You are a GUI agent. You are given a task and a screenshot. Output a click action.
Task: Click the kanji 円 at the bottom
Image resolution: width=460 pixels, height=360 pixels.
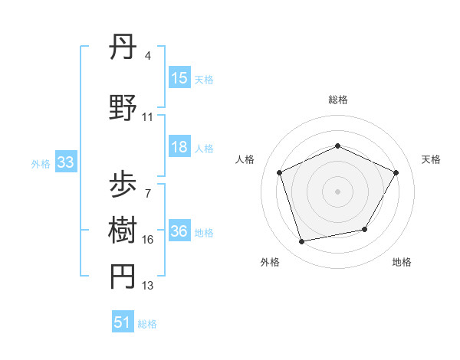click(x=123, y=277)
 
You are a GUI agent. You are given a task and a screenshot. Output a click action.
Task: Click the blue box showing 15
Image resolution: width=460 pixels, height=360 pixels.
click(x=179, y=78)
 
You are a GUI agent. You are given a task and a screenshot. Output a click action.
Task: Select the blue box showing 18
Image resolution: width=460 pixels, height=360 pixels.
click(x=179, y=148)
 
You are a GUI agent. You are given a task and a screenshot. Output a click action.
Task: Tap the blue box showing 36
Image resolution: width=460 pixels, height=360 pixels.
click(x=179, y=232)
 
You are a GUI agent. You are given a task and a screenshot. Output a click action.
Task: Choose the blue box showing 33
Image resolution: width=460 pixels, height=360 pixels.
click(x=65, y=162)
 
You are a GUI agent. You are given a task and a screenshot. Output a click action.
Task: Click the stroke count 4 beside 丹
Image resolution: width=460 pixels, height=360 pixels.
click(x=147, y=56)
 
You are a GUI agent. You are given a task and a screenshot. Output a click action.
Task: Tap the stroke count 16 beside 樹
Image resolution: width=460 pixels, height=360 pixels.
click(x=148, y=241)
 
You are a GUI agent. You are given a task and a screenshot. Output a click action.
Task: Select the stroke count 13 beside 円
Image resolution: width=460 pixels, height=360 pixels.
click(x=148, y=286)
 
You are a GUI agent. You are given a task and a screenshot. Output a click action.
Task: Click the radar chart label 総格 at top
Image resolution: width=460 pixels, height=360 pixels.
click(x=338, y=100)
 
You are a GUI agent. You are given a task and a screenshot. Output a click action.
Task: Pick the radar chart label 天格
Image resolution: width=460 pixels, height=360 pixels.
click(x=432, y=159)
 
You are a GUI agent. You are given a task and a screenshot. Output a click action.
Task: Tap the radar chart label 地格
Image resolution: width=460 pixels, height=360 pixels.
click(x=402, y=263)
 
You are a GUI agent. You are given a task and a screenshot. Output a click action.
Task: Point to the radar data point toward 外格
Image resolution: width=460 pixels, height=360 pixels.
click(x=302, y=242)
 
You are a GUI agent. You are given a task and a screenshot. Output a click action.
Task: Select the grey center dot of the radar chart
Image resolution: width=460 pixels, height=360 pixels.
click(x=338, y=191)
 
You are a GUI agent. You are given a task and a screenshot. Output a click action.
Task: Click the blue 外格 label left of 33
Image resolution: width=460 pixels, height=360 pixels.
click(x=41, y=163)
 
